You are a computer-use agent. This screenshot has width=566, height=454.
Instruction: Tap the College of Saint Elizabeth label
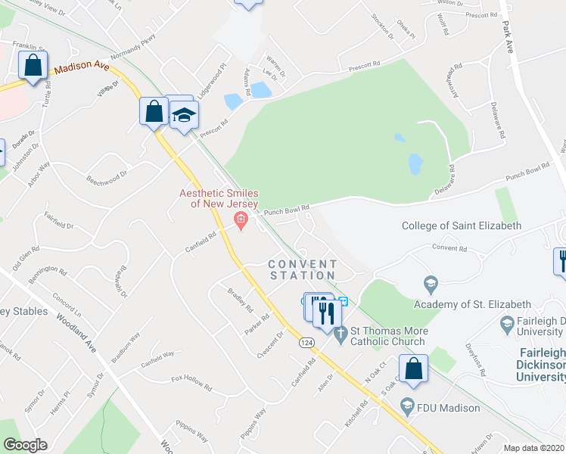point(461,225)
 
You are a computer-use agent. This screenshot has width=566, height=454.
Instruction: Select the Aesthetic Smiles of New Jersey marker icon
point(241,222)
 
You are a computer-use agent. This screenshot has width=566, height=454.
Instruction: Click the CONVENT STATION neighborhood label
point(303,269)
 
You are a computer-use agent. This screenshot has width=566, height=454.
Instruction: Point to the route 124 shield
point(306,343)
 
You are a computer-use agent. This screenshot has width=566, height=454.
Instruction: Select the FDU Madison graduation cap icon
point(409,403)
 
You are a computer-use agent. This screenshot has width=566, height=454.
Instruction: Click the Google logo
point(25,445)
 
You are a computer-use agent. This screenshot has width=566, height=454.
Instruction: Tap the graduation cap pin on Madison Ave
point(183,114)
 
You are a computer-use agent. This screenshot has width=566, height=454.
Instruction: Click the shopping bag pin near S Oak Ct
point(413,369)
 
